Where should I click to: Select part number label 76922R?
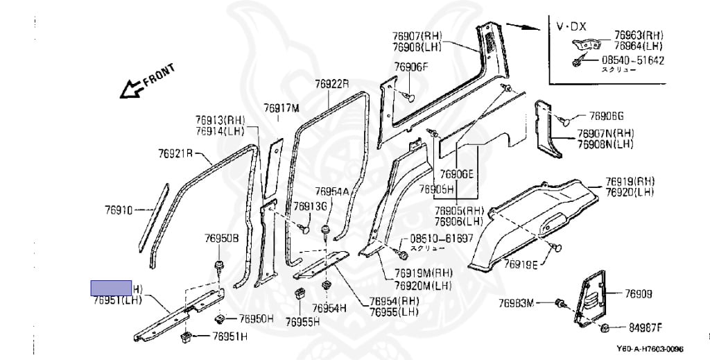(x=331, y=84)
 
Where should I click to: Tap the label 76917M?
(x=281, y=108)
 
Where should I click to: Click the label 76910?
(x=119, y=208)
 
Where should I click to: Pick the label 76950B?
(x=220, y=239)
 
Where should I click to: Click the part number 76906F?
(x=412, y=67)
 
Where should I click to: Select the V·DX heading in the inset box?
(x=572, y=26)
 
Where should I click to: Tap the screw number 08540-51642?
(x=632, y=60)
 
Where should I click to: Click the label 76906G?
(x=607, y=116)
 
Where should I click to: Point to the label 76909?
(x=639, y=294)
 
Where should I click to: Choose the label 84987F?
(x=646, y=327)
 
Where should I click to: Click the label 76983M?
(x=517, y=303)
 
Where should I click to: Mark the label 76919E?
(x=521, y=264)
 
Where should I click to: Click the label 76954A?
(x=331, y=191)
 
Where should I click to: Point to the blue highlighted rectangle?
(x=112, y=288)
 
